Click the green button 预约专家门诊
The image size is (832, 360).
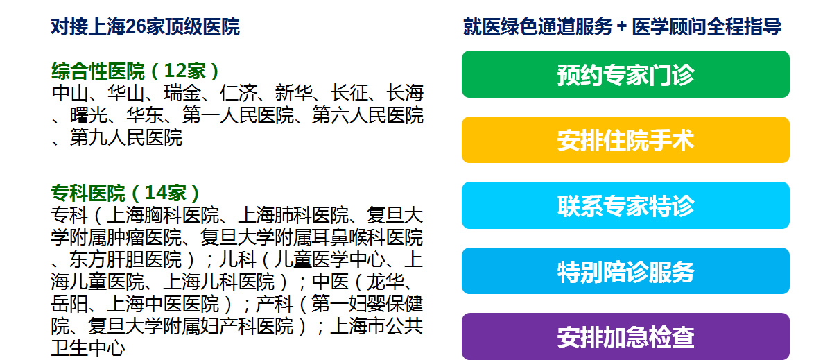click(625, 74)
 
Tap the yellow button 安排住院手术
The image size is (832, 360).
click(625, 139)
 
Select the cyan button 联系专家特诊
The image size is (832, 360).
click(625, 205)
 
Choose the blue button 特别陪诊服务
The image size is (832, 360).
click(625, 271)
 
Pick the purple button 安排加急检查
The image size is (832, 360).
click(625, 336)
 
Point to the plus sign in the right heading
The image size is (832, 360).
click(621, 27)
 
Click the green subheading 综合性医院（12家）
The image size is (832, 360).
click(135, 71)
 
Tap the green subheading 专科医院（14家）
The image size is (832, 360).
click(125, 192)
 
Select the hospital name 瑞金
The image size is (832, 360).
click(182, 93)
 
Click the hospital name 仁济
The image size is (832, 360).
click(238, 93)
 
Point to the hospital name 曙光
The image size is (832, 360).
click(89, 115)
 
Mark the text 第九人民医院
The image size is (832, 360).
click(126, 137)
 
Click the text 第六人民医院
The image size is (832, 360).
click(367, 115)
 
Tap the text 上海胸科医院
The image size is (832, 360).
click(163, 215)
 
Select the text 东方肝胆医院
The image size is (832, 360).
click(125, 259)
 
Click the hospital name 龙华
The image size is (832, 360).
click(385, 282)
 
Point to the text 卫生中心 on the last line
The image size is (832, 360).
click(89, 348)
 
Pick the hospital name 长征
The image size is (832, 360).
click(349, 93)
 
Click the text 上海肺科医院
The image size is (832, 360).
click(293, 215)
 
